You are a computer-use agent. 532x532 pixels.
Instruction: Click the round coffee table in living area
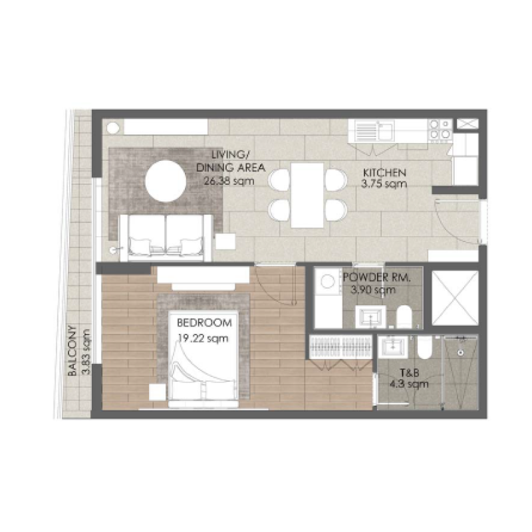click(166, 179)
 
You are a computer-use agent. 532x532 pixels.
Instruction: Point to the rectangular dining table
click(307, 195)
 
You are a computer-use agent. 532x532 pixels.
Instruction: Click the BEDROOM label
click(204, 323)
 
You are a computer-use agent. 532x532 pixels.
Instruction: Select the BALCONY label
click(74, 352)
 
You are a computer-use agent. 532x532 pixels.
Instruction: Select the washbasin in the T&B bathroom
click(393, 347)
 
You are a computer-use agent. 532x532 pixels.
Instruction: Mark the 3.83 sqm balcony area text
click(84, 352)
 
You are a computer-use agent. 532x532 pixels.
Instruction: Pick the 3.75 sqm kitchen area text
click(384, 184)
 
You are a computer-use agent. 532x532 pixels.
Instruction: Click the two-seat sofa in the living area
click(166, 236)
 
